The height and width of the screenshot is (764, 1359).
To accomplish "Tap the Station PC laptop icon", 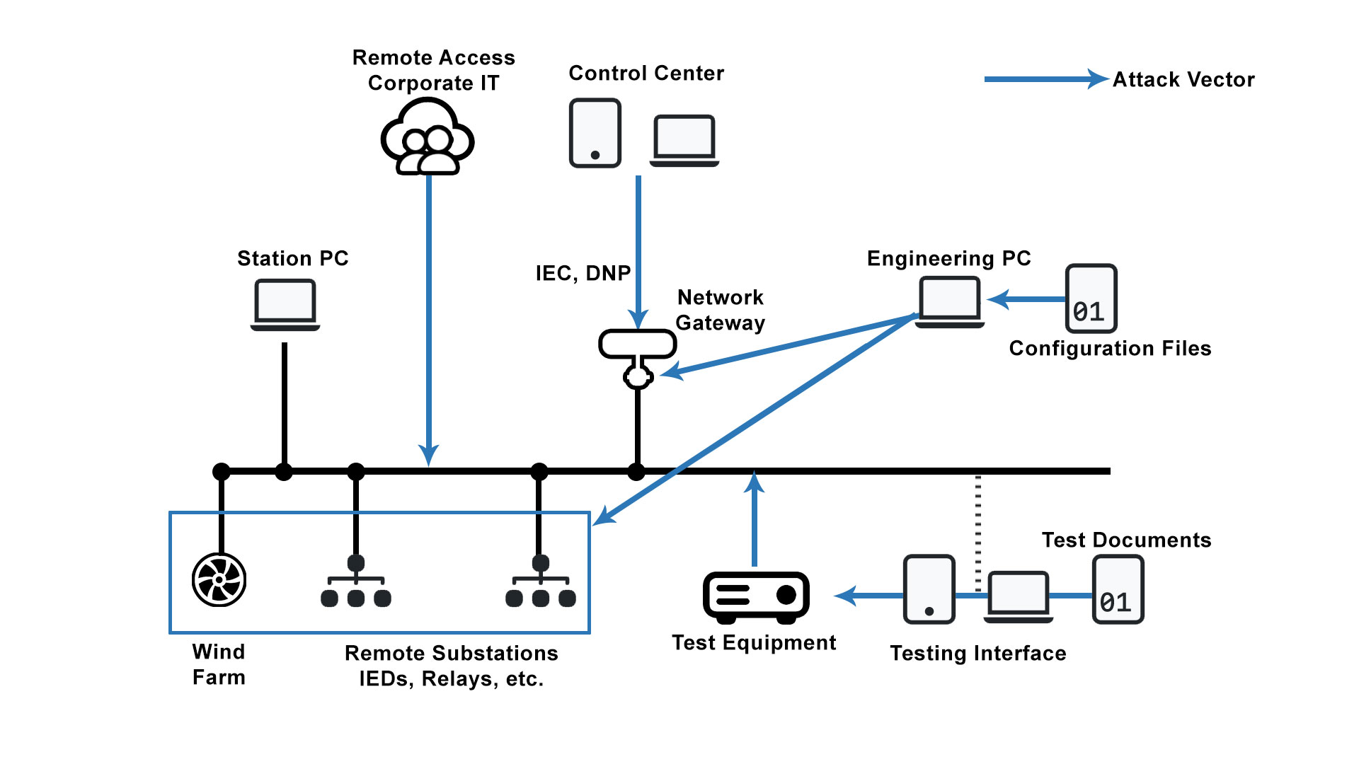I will click(285, 305).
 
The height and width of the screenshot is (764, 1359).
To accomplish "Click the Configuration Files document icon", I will click(1091, 299).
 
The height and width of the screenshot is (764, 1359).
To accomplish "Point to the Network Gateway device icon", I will click(638, 357).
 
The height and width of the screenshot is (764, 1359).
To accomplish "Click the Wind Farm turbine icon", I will click(219, 580).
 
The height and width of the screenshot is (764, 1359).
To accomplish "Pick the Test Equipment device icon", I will click(756, 597).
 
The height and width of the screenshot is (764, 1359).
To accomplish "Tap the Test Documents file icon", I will click(1118, 589).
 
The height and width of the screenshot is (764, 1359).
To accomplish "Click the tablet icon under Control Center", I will click(595, 133).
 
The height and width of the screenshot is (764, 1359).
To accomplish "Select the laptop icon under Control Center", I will click(684, 140).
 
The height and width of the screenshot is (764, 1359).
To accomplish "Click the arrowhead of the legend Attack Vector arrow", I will click(1098, 79).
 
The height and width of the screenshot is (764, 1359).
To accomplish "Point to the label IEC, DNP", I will click(583, 273).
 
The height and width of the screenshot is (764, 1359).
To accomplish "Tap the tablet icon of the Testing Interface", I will click(929, 589).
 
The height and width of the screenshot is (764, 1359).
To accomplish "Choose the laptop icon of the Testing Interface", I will click(1019, 596).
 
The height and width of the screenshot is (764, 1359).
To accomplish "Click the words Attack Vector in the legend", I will click(1183, 79).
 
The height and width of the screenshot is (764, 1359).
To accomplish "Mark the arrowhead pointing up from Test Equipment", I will click(755, 482).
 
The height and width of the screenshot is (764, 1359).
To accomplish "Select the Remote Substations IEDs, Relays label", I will click(452, 666).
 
